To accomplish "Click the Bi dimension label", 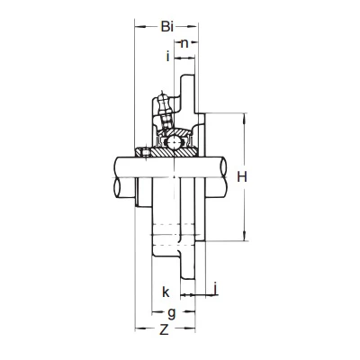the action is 167,27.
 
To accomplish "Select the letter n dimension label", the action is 184,44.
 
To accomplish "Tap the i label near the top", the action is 168,56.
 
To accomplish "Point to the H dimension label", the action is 242,177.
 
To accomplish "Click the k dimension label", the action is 166,292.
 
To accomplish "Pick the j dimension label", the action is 215,289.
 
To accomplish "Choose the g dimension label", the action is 172,313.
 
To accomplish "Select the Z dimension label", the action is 164,329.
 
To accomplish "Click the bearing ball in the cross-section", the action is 174,141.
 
